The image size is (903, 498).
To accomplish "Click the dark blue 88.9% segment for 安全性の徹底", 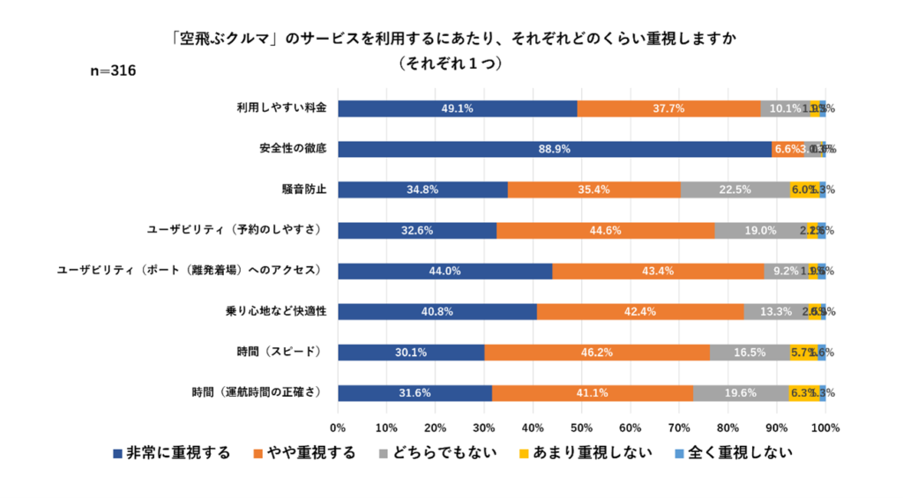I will point(555,149).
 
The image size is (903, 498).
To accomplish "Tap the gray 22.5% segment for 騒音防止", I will point(735,190).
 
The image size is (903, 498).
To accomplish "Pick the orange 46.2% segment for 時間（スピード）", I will point(596,353).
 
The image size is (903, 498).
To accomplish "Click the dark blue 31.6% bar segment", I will point(414,393).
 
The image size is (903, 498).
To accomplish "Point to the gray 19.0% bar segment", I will point(760,231).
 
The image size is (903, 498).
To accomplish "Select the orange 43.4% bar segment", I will point(658,271).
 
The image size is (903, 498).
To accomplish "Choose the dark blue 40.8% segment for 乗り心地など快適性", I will point(437,312).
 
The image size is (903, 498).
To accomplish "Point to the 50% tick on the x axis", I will point(581,427).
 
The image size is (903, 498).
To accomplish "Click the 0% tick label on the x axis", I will point(338,427).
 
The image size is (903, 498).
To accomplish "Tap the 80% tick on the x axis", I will point(728,427).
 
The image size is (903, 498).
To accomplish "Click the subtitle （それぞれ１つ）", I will point(451,63).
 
